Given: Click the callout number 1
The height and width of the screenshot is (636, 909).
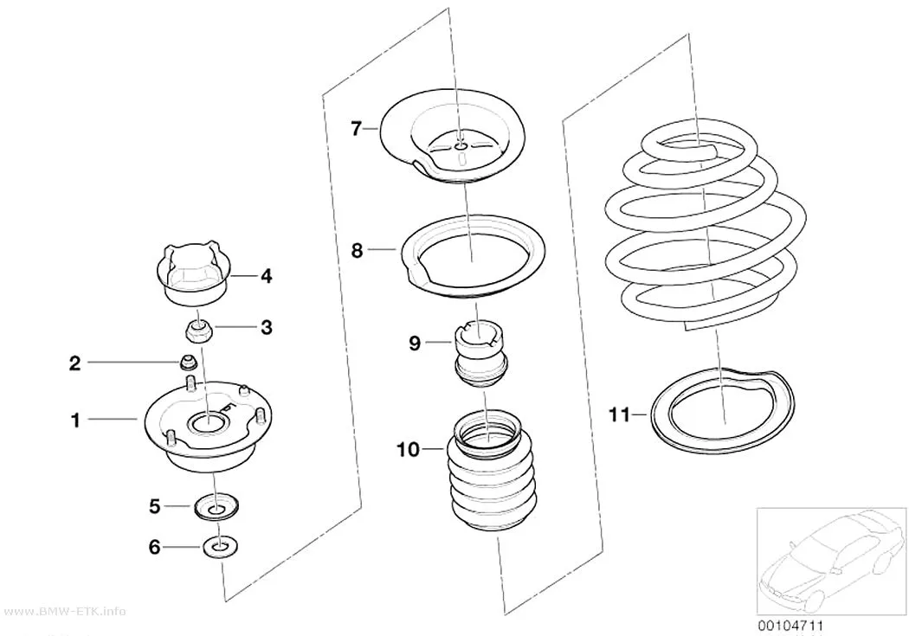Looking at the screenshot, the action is [x=75, y=420].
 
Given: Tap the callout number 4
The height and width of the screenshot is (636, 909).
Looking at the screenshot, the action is [x=266, y=276].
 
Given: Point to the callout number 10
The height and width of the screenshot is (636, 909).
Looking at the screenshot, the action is [x=408, y=449].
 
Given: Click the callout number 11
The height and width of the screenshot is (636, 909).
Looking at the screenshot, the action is [x=619, y=414].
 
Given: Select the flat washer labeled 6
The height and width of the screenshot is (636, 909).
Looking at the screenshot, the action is [x=220, y=547].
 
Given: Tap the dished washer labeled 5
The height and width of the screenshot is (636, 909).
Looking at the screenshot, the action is [x=216, y=508].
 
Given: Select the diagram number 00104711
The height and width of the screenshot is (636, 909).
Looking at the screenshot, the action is [x=790, y=626].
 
